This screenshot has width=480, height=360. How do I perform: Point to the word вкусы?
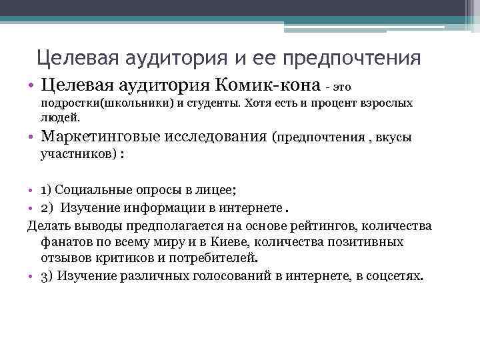click(x=393, y=138)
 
